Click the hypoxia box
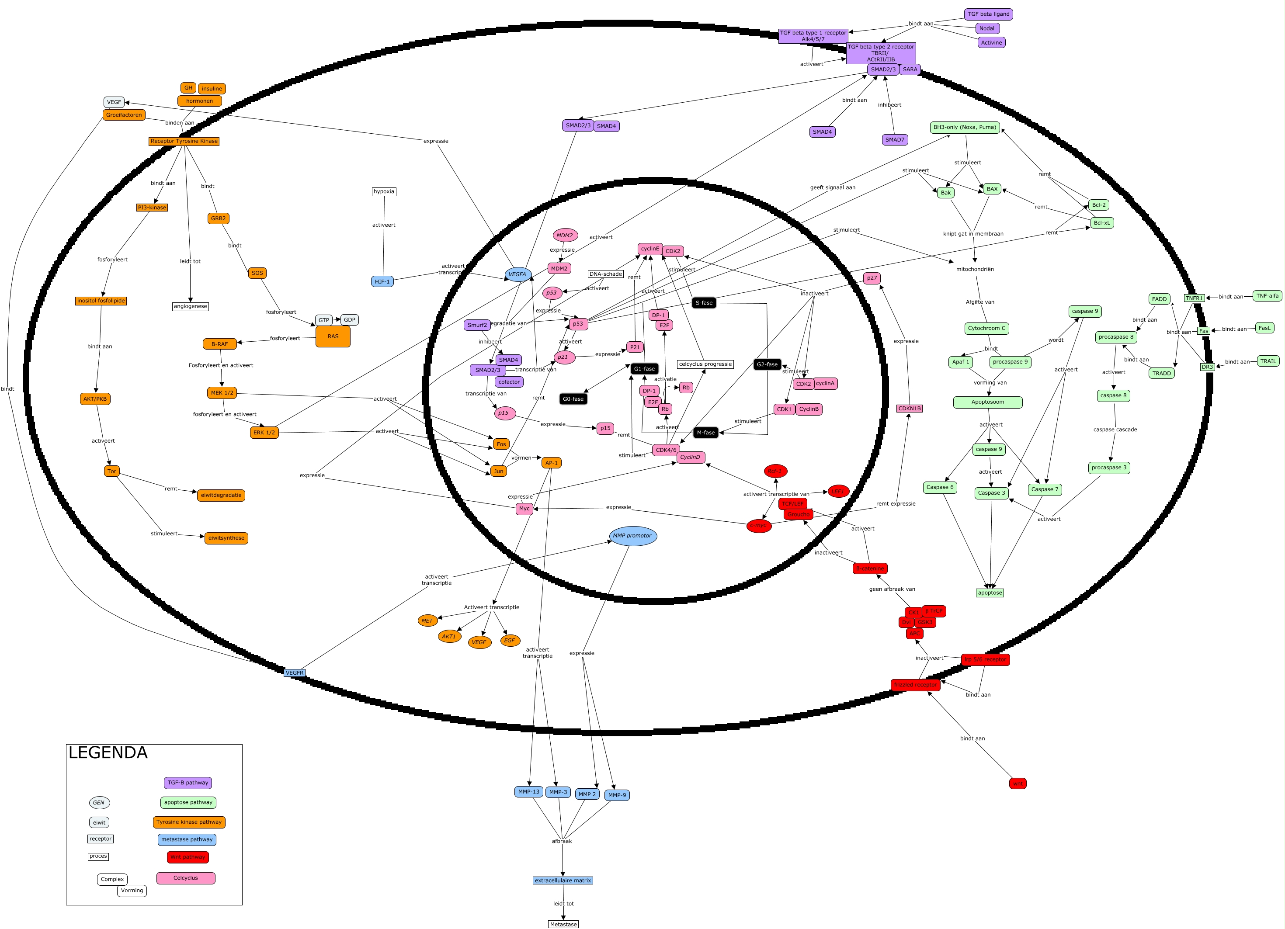tap(384, 191)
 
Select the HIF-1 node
tap(382, 281)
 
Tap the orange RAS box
tap(333, 336)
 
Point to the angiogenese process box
tap(191, 306)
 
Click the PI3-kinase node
tap(152, 207)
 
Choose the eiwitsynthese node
tap(226, 538)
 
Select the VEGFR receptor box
tap(295, 673)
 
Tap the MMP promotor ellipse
tap(632, 536)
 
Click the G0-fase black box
tap(573, 399)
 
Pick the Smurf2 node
tap(477, 325)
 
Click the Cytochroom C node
tap(986, 329)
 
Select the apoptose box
tap(990, 593)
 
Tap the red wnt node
tap(1018, 784)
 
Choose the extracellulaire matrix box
tap(563, 881)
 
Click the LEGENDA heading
tap(108, 753)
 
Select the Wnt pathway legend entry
tap(188, 857)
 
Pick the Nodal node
tap(986, 28)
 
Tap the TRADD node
tap(1161, 373)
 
